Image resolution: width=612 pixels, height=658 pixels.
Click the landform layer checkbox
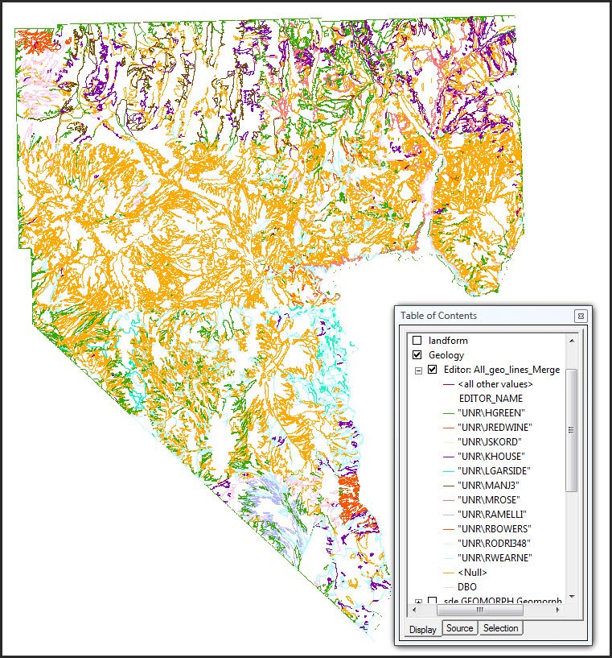coord(417,341)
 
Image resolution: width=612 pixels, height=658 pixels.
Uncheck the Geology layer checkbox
coord(417,355)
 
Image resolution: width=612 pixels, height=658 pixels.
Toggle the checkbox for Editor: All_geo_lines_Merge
coord(433,370)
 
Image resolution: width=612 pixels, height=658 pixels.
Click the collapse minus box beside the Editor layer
coord(418,370)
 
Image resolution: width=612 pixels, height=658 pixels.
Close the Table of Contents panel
coord(580,316)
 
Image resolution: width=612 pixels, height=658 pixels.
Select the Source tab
coord(460,627)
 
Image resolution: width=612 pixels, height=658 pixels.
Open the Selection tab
coord(501,627)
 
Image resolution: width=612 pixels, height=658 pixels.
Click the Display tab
coord(422,629)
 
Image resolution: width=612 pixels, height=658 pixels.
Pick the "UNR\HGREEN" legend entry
coord(485,413)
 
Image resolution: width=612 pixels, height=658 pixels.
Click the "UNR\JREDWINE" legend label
coord(490,428)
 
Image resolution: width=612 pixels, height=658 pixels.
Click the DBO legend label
coord(466,587)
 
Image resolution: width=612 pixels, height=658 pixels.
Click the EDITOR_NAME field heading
coord(491,399)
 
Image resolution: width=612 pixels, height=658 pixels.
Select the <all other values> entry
coord(495,384)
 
